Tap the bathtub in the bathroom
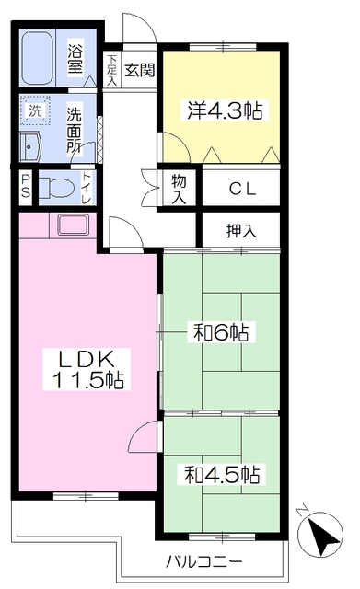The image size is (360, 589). [x=39, y=57]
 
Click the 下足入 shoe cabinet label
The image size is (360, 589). [x=111, y=70]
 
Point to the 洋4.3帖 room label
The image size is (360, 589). [x=221, y=111]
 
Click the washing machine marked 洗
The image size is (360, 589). [x=35, y=111]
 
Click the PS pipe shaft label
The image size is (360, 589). [x=26, y=187]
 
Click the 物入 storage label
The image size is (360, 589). [x=178, y=189]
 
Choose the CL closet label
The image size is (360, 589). [x=242, y=190]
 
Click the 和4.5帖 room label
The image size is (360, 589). [x=221, y=475]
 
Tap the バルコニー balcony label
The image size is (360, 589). [x=204, y=560]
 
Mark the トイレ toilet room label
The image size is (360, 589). [x=87, y=186]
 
